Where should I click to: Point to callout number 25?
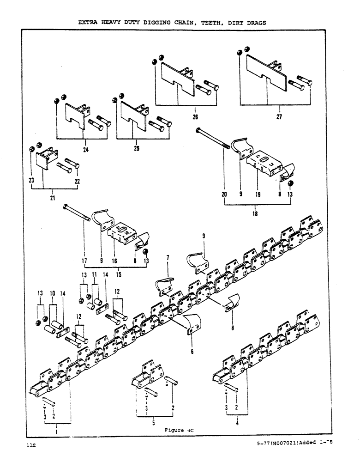click(136, 149)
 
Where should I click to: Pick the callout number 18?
click(256, 214)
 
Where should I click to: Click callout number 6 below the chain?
click(192, 351)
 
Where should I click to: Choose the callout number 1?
click(57, 432)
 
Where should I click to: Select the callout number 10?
click(52, 293)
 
